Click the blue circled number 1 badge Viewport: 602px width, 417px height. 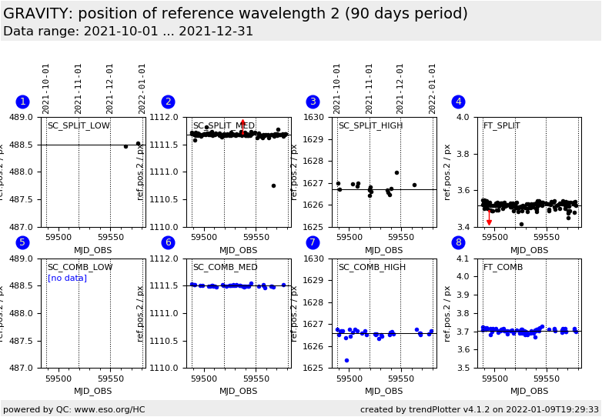coord(22,102)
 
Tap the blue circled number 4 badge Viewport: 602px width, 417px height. coord(458,102)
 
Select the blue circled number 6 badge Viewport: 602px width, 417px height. coord(168,242)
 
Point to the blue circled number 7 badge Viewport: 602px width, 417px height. coord(313,242)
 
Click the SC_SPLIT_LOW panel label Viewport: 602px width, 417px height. coord(79,126)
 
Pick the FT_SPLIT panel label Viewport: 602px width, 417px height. coord(501,126)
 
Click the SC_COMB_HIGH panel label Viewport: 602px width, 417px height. coord(372,268)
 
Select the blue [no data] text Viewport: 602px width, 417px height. coord(67,279)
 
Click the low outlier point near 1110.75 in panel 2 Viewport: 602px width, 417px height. coord(273,185)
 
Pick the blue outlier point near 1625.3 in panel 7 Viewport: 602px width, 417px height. coord(346,360)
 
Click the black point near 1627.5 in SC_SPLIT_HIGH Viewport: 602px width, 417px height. coord(396,172)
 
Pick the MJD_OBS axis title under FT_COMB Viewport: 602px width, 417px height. coord(529,391)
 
